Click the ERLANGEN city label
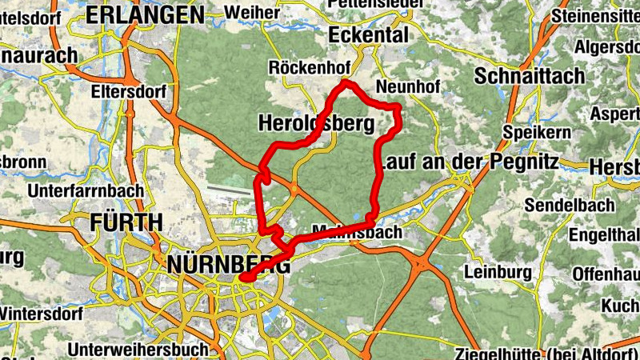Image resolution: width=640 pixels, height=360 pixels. [146, 14]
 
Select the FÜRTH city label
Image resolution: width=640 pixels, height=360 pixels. [127, 222]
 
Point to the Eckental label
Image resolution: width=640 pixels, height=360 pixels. [369, 35]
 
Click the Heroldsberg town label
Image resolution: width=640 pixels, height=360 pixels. [317, 124]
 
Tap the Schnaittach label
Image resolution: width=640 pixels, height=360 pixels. [530, 76]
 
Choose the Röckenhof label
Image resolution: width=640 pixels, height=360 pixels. [306, 66]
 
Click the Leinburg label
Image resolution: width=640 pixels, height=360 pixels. [498, 272]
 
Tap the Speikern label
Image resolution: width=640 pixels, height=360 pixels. [537, 131]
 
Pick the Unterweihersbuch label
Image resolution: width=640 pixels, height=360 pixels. [138, 350]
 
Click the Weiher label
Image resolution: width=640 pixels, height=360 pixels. [252, 12]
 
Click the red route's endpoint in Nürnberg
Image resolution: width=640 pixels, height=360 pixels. [243, 278]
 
